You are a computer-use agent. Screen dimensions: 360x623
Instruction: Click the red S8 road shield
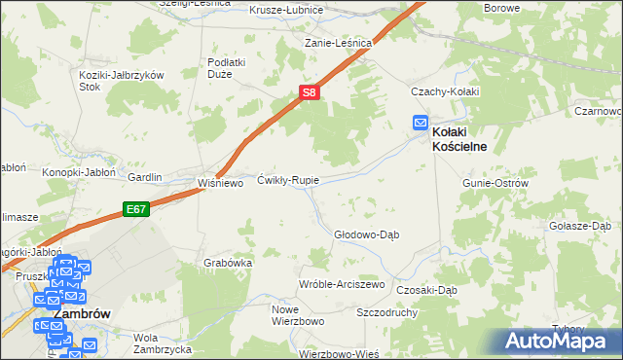tap(308, 92)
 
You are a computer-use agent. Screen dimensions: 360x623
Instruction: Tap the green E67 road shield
tap(134, 207)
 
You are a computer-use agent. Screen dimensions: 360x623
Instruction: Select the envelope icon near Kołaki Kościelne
tap(420, 123)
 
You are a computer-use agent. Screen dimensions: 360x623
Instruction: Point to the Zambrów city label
tap(81, 315)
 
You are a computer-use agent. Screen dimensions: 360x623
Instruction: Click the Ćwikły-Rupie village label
tap(287, 180)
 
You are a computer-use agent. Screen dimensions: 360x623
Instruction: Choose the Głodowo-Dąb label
tap(367, 234)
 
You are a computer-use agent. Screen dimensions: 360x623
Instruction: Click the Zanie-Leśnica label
tap(338, 43)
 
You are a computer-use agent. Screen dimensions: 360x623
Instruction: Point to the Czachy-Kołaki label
tap(445, 91)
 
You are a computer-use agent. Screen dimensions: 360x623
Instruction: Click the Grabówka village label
tap(229, 263)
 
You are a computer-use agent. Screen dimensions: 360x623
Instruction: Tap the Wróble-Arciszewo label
tap(342, 284)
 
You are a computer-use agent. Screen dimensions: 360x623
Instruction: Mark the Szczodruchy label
tap(387, 314)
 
